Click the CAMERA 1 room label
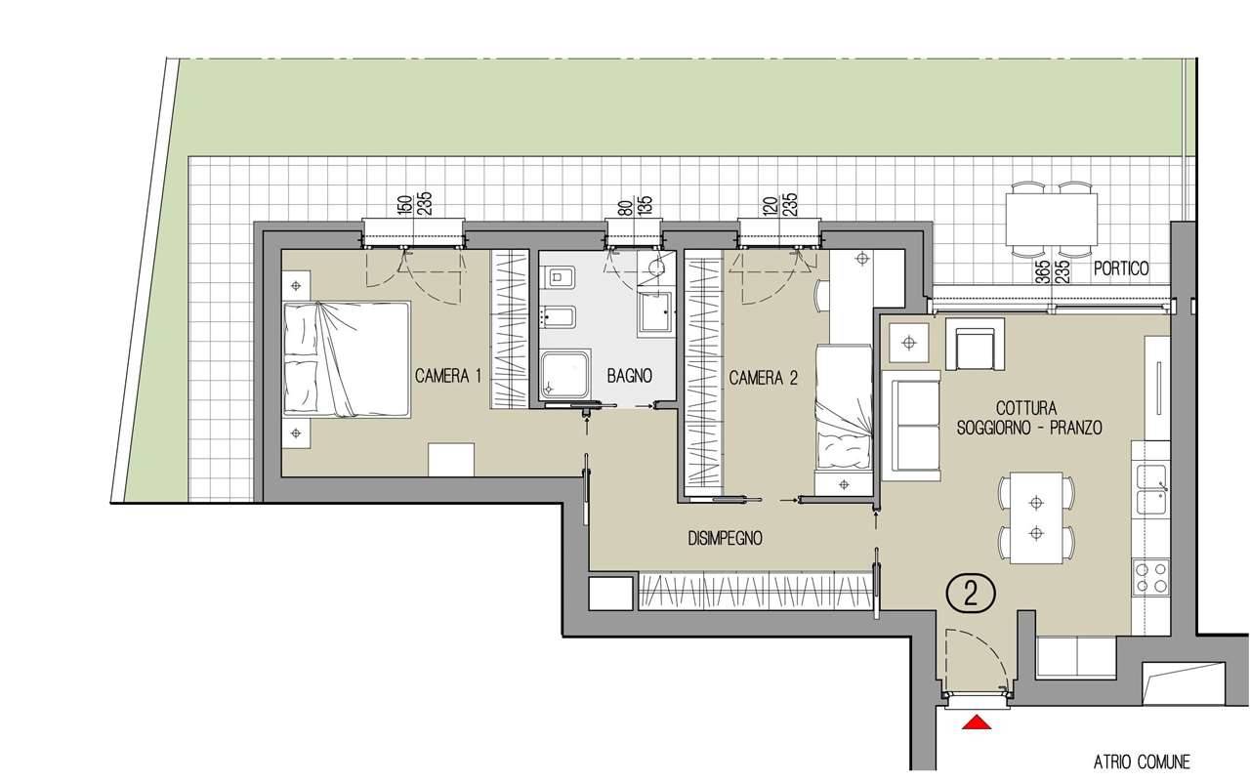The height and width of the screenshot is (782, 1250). point(447,377)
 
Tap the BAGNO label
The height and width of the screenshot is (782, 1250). point(630,376)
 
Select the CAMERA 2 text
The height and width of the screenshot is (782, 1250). point(763,378)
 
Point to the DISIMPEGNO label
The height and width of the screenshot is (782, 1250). point(725,538)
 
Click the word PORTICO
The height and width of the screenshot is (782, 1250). point(1121,268)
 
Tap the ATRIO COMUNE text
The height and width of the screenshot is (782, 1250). point(1142,761)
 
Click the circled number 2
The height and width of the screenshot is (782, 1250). point(971,596)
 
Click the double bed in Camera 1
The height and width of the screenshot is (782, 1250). point(347,359)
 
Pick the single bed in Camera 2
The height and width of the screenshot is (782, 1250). point(843,408)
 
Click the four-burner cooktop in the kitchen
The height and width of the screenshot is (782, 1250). point(1150,577)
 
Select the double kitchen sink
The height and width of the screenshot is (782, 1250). point(1151,489)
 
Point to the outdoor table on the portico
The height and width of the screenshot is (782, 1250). point(1052,220)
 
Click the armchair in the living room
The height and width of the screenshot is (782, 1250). point(975,345)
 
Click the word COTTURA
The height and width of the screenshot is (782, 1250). point(1026,408)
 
